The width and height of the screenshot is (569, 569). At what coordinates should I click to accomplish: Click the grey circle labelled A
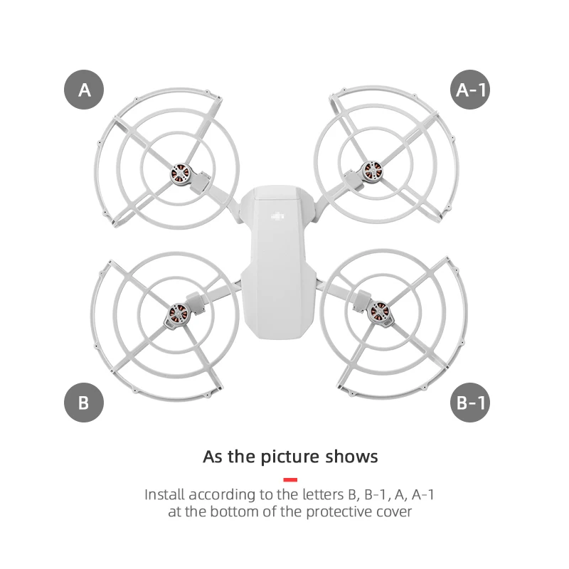tap(85, 90)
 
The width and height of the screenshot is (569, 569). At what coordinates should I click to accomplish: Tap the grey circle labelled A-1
tap(471, 90)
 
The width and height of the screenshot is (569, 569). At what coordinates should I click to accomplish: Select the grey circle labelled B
tap(84, 403)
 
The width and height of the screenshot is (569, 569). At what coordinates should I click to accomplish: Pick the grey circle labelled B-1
tap(471, 403)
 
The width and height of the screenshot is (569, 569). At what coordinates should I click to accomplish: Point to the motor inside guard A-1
tap(370, 171)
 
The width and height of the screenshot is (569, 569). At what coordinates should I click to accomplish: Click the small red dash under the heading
tap(290, 480)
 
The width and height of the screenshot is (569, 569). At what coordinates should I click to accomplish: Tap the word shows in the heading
tap(353, 456)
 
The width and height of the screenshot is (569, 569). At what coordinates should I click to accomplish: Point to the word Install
tap(166, 494)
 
